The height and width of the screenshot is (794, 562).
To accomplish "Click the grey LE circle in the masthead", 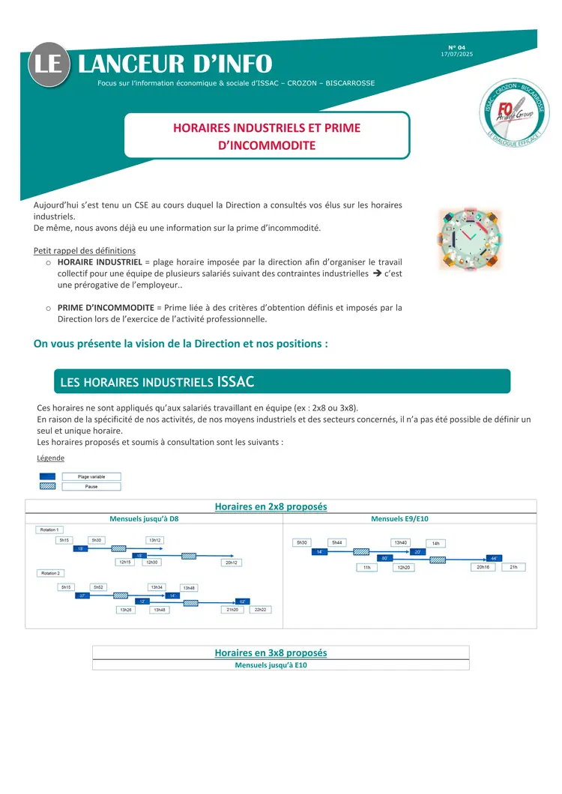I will [50, 64].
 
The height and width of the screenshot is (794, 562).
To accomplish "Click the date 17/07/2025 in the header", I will [457, 54].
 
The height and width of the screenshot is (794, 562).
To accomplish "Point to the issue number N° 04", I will [457, 47].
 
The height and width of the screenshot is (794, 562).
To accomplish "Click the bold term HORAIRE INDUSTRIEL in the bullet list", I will [100, 262].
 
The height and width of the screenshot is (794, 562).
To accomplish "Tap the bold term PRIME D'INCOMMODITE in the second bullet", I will [105, 307].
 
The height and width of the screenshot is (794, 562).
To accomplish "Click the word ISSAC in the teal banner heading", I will [235, 382].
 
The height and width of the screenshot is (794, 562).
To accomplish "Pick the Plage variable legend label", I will [91, 476].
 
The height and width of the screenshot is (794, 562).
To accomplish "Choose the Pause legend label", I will [91, 486].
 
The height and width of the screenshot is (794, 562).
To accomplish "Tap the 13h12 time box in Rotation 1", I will [155, 540].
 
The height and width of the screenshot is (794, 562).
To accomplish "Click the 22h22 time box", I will [261, 610].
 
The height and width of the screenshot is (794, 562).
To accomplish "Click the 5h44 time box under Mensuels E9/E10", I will [336, 542].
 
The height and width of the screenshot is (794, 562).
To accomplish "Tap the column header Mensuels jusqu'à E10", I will [271, 664].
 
